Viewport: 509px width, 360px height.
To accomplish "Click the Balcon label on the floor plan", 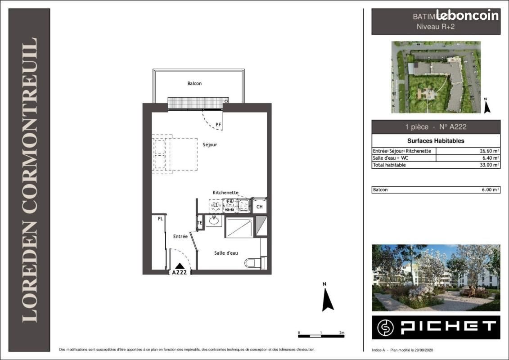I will click(194, 83).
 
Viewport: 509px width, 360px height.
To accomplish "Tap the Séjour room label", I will click(210, 144).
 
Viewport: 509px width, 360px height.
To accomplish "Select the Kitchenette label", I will click(225, 192).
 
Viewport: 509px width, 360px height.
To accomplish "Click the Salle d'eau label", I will click(226, 253).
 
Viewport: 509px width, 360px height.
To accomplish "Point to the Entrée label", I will click(180, 236).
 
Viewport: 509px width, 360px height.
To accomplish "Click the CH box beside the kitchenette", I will click(259, 207).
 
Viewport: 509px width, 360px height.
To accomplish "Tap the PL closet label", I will click(160, 219).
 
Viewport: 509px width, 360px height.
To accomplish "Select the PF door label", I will click(218, 124).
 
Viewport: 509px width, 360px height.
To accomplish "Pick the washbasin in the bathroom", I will click(214, 221).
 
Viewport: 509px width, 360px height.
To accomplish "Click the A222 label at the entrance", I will click(180, 272).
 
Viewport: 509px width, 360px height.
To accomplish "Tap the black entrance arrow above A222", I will click(180, 266).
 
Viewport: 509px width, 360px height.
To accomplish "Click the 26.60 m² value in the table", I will click(488, 151).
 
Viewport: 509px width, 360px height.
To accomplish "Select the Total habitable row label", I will click(389, 165).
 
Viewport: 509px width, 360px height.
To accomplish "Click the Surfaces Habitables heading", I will click(436, 141).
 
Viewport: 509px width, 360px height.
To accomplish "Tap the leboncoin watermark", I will click(467, 15).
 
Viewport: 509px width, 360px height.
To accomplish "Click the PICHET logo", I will click(436, 328).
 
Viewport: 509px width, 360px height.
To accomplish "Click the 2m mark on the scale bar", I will click(342, 333).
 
